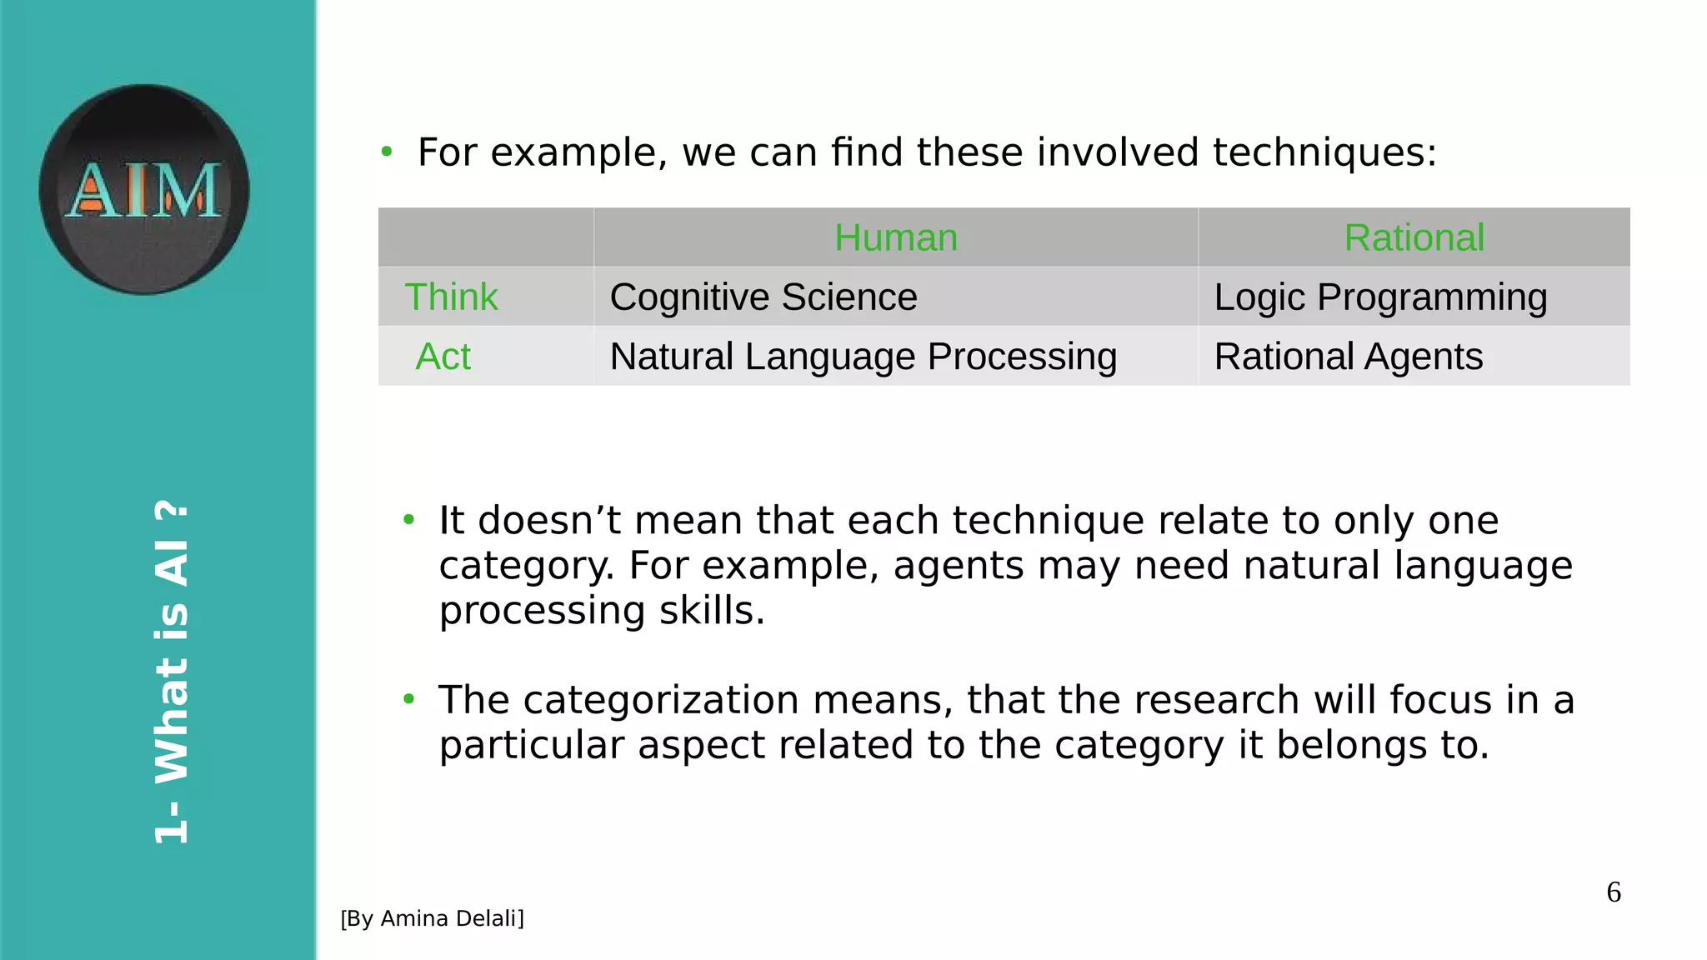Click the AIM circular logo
click(x=144, y=189)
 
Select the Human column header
click(x=896, y=237)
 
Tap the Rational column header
click(x=1414, y=237)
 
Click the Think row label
click(x=451, y=297)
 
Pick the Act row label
click(x=443, y=357)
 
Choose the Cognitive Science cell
click(x=763, y=297)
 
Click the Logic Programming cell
click(x=1380, y=297)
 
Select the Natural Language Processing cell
click(x=863, y=357)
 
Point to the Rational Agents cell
click(x=1348, y=357)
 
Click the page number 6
click(x=1614, y=892)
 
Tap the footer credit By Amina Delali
click(x=432, y=918)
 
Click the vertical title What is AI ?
click(x=172, y=672)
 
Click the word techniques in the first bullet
click(x=1324, y=152)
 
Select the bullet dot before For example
click(x=386, y=152)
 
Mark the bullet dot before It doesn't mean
click(x=408, y=520)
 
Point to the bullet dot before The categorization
click(x=408, y=699)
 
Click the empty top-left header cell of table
click(x=486, y=237)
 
